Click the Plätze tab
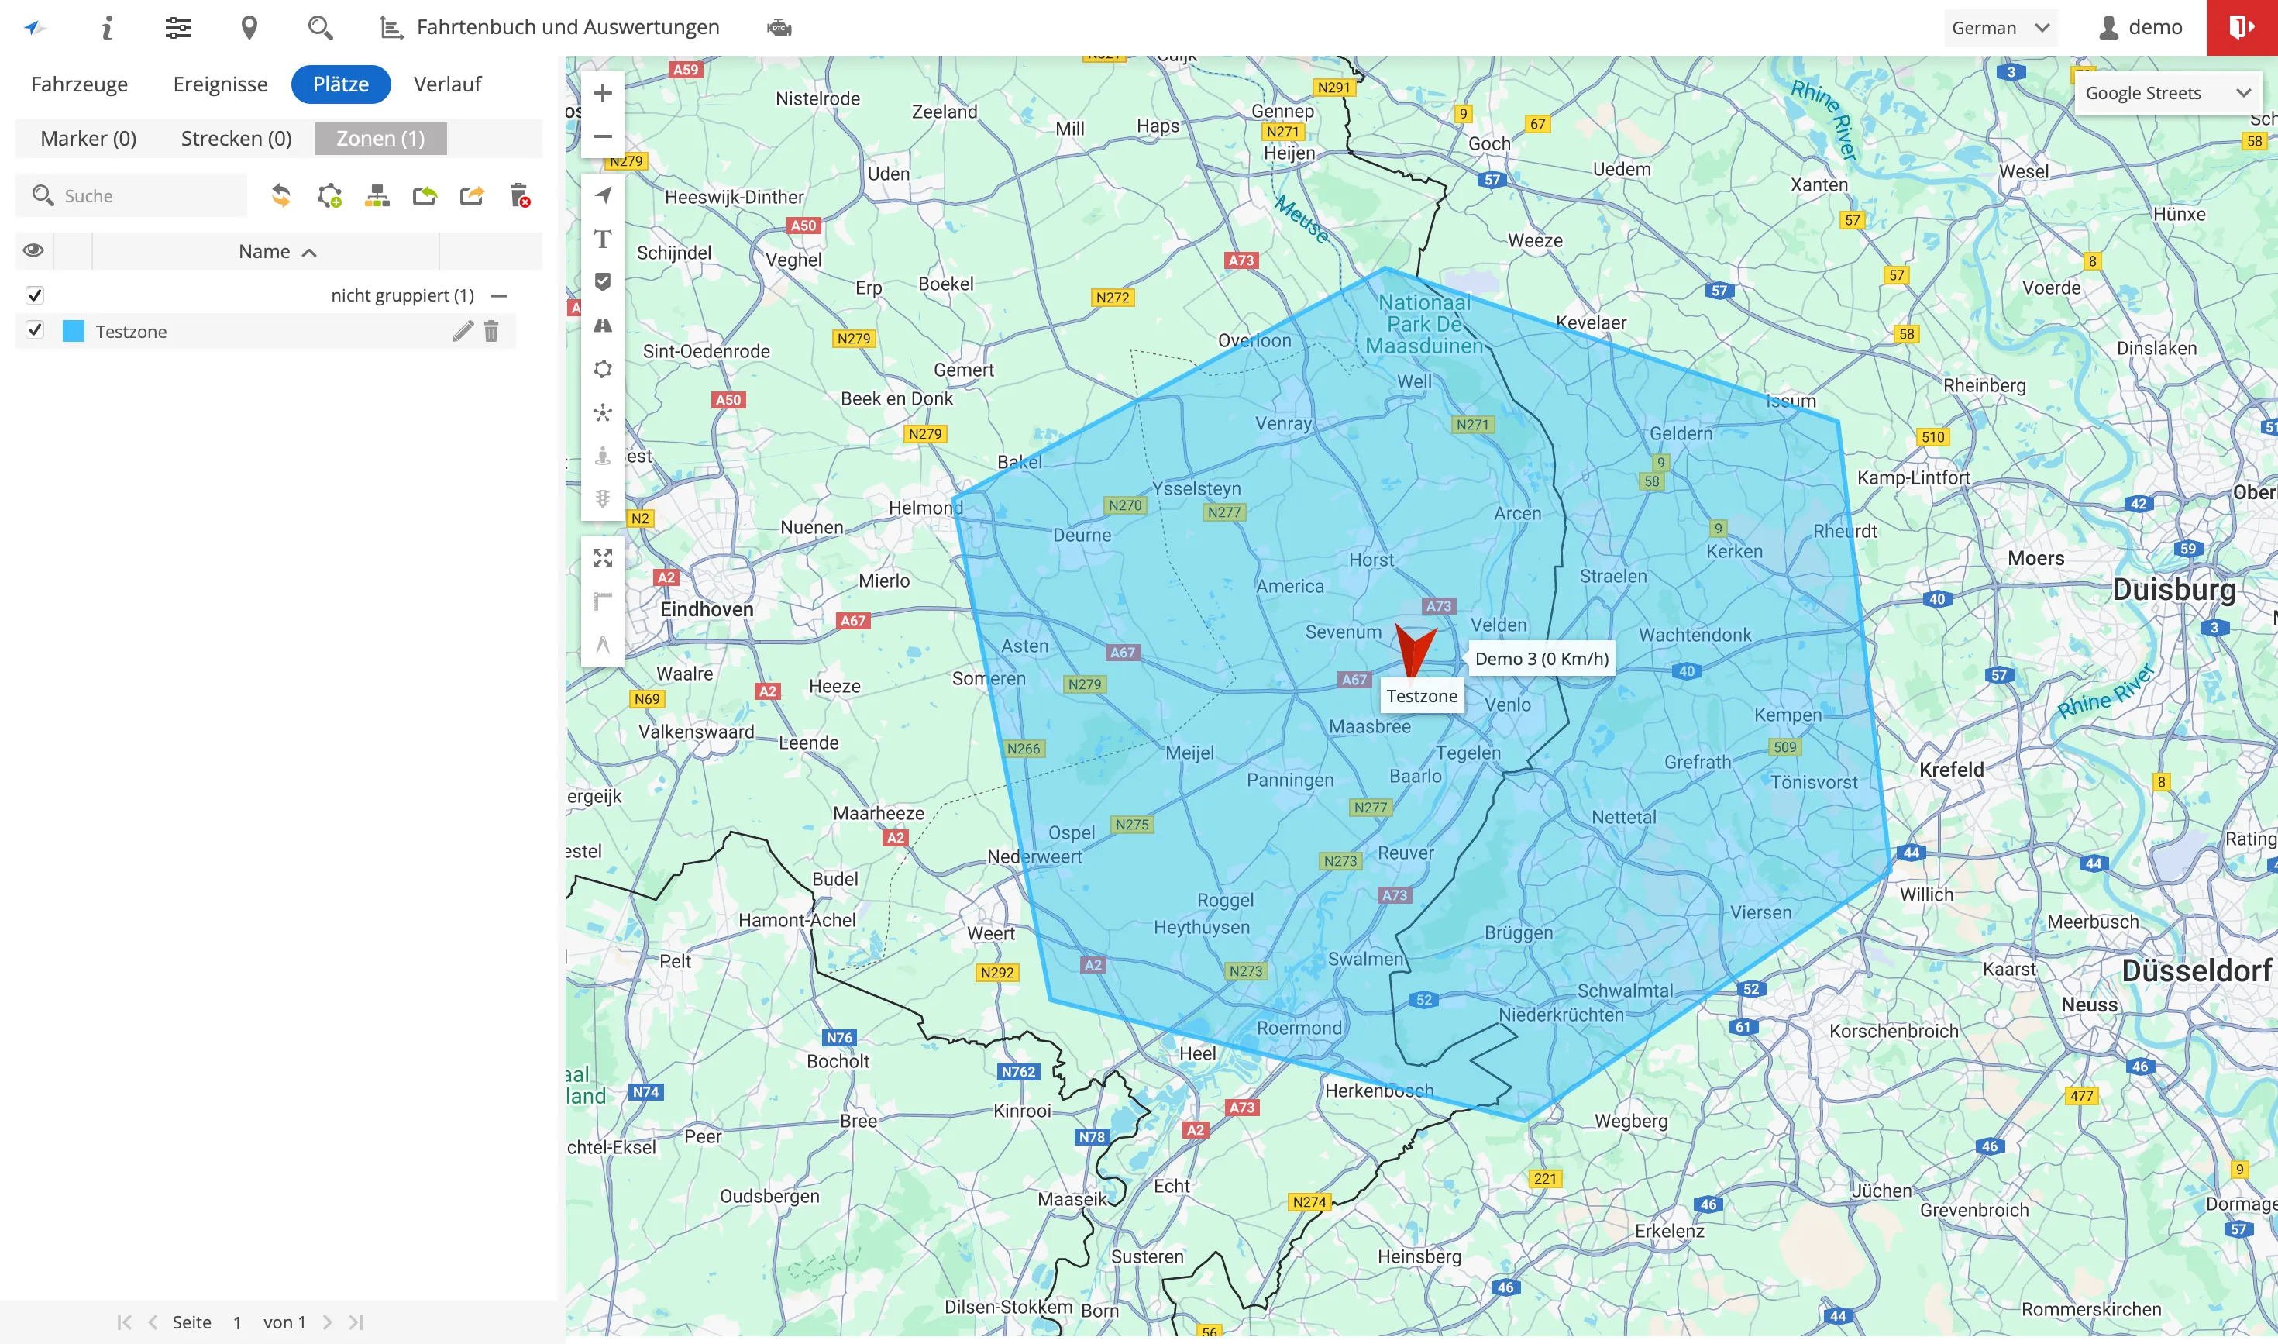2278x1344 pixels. [x=340, y=84]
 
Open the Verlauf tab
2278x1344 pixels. [x=447, y=84]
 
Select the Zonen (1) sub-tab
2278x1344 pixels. [x=380, y=139]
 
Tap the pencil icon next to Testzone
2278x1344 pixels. [x=463, y=332]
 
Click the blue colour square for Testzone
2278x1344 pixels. [x=74, y=332]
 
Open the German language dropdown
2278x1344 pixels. [x=2000, y=28]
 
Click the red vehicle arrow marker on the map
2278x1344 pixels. [x=1413, y=650]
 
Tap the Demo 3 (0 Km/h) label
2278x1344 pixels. [x=1542, y=658]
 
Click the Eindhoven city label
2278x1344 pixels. [x=706, y=609]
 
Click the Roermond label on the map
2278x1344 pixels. [x=1299, y=1028]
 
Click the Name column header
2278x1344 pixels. [x=265, y=252]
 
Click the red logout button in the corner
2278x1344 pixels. [x=2242, y=28]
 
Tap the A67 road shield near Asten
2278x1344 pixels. [x=1123, y=652]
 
